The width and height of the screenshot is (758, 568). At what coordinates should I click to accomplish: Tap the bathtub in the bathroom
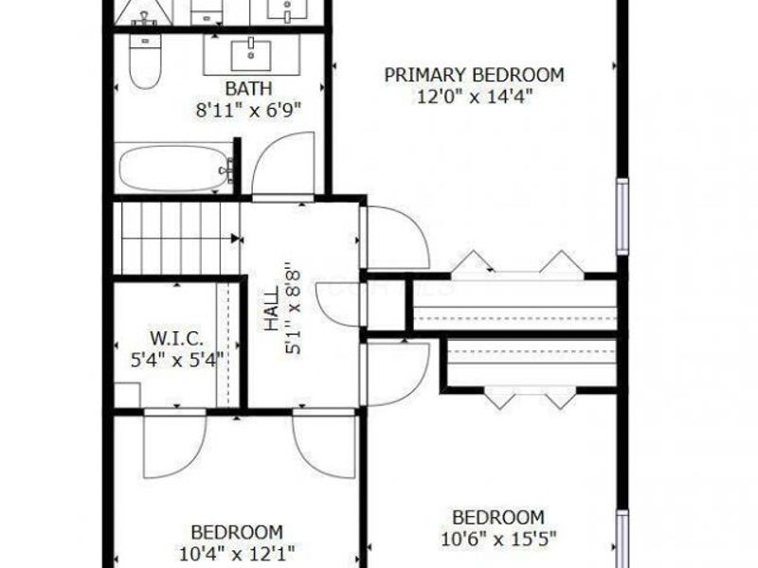pyautogui.click(x=174, y=169)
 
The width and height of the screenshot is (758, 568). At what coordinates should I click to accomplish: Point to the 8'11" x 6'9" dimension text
pyautogui.click(x=248, y=109)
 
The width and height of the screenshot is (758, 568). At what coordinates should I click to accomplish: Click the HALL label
pyautogui.click(x=273, y=311)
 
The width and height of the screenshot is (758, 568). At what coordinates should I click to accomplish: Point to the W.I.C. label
pyautogui.click(x=173, y=338)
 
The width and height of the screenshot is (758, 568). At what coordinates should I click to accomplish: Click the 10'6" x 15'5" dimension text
pyautogui.click(x=497, y=539)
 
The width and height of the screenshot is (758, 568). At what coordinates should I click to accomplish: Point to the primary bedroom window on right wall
pyautogui.click(x=622, y=216)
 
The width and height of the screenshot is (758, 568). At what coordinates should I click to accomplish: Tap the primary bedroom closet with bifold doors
pyautogui.click(x=514, y=304)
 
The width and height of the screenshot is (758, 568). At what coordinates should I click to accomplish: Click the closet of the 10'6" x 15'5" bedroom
pyautogui.click(x=531, y=364)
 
